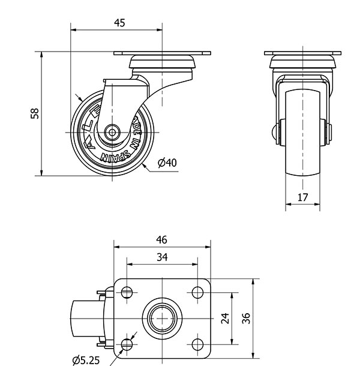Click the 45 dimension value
(119, 23)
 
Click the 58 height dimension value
(35, 113)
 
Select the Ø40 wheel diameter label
(167, 162)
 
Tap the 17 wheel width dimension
(302, 196)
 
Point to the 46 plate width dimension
(161, 239)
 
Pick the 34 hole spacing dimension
(162, 257)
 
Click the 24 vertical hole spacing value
(225, 318)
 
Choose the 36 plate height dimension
(245, 318)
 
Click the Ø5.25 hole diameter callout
(86, 360)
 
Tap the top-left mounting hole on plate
(127, 292)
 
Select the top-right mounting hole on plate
(198, 292)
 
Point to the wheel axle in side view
(112, 131)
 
